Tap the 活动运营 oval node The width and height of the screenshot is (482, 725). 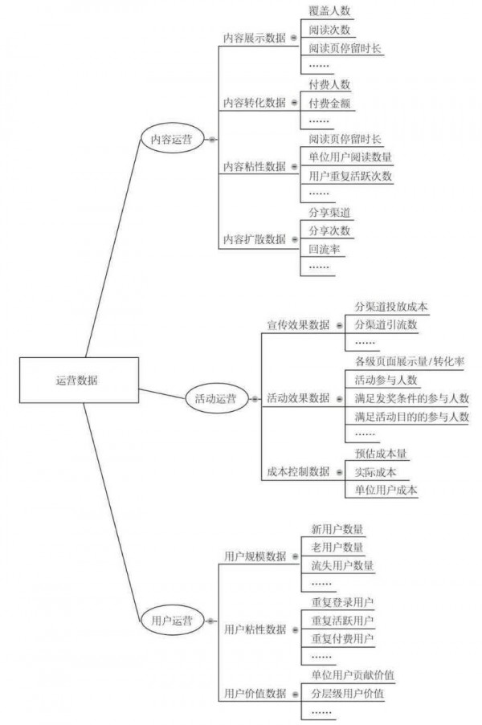[x=215, y=398]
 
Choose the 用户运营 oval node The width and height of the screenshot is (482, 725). [x=171, y=620]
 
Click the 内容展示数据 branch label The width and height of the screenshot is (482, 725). [x=254, y=37]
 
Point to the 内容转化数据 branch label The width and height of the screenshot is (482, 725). [x=254, y=103]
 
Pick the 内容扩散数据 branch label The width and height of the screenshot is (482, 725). [x=254, y=238]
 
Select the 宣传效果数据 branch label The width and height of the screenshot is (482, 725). [x=298, y=324]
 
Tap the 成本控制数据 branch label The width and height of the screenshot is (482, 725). [x=298, y=471]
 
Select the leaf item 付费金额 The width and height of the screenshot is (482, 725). [x=329, y=103]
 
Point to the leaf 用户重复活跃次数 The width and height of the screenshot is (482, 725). [x=350, y=175]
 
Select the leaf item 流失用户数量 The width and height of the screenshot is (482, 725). [x=342, y=565]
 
